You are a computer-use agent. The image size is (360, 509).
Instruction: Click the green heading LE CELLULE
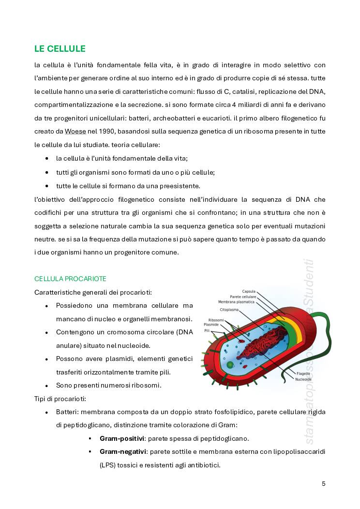click(60, 48)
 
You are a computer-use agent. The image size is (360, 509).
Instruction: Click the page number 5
click(323, 483)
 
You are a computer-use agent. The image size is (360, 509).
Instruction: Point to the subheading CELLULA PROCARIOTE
click(70, 279)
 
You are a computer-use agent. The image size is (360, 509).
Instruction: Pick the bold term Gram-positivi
click(122, 438)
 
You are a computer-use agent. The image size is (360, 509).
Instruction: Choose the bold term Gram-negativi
click(123, 451)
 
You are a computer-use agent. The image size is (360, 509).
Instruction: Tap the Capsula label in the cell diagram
click(249, 291)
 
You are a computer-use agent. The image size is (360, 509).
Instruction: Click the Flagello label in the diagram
click(303, 374)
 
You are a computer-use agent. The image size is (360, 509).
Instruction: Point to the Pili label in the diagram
click(207, 330)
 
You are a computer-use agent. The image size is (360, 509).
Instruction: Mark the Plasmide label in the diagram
click(211, 325)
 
